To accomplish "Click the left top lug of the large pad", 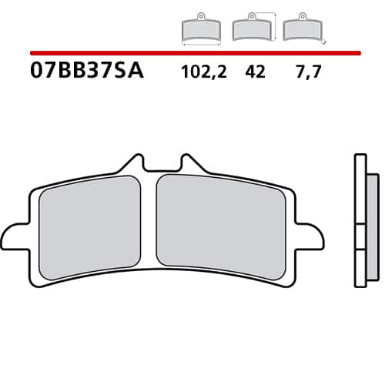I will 133,164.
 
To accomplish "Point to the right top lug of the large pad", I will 189,164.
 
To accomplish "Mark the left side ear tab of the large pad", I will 15,236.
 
